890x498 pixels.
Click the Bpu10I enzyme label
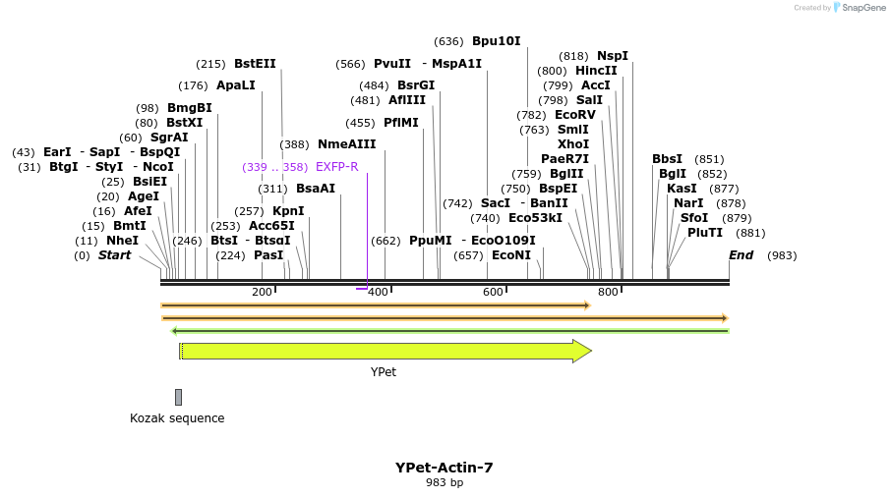pyautogui.click(x=496, y=41)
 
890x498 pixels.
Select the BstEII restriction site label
pyautogui.click(x=255, y=64)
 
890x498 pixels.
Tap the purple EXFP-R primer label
pyautogui.click(x=337, y=167)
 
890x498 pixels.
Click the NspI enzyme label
pyautogui.click(x=612, y=56)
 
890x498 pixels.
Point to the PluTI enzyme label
pyautogui.click(x=705, y=233)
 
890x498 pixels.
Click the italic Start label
pyautogui.click(x=114, y=255)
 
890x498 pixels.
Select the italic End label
pyautogui.click(x=741, y=255)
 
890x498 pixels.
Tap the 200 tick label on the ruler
pyautogui.click(x=262, y=292)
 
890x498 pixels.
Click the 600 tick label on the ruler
pyautogui.click(x=493, y=292)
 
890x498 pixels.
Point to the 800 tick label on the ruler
pyautogui.click(x=608, y=292)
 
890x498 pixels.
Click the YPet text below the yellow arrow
pyautogui.click(x=384, y=372)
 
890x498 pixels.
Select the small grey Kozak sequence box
pyautogui.click(x=178, y=397)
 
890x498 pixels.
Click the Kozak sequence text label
pyautogui.click(x=177, y=418)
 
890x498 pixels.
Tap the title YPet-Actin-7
pyautogui.click(x=444, y=468)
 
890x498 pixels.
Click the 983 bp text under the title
pyautogui.click(x=444, y=482)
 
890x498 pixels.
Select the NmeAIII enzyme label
pyautogui.click(x=346, y=144)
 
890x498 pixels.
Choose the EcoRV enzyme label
pyautogui.click(x=575, y=115)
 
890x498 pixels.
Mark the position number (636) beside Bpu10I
pyautogui.click(x=448, y=41)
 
